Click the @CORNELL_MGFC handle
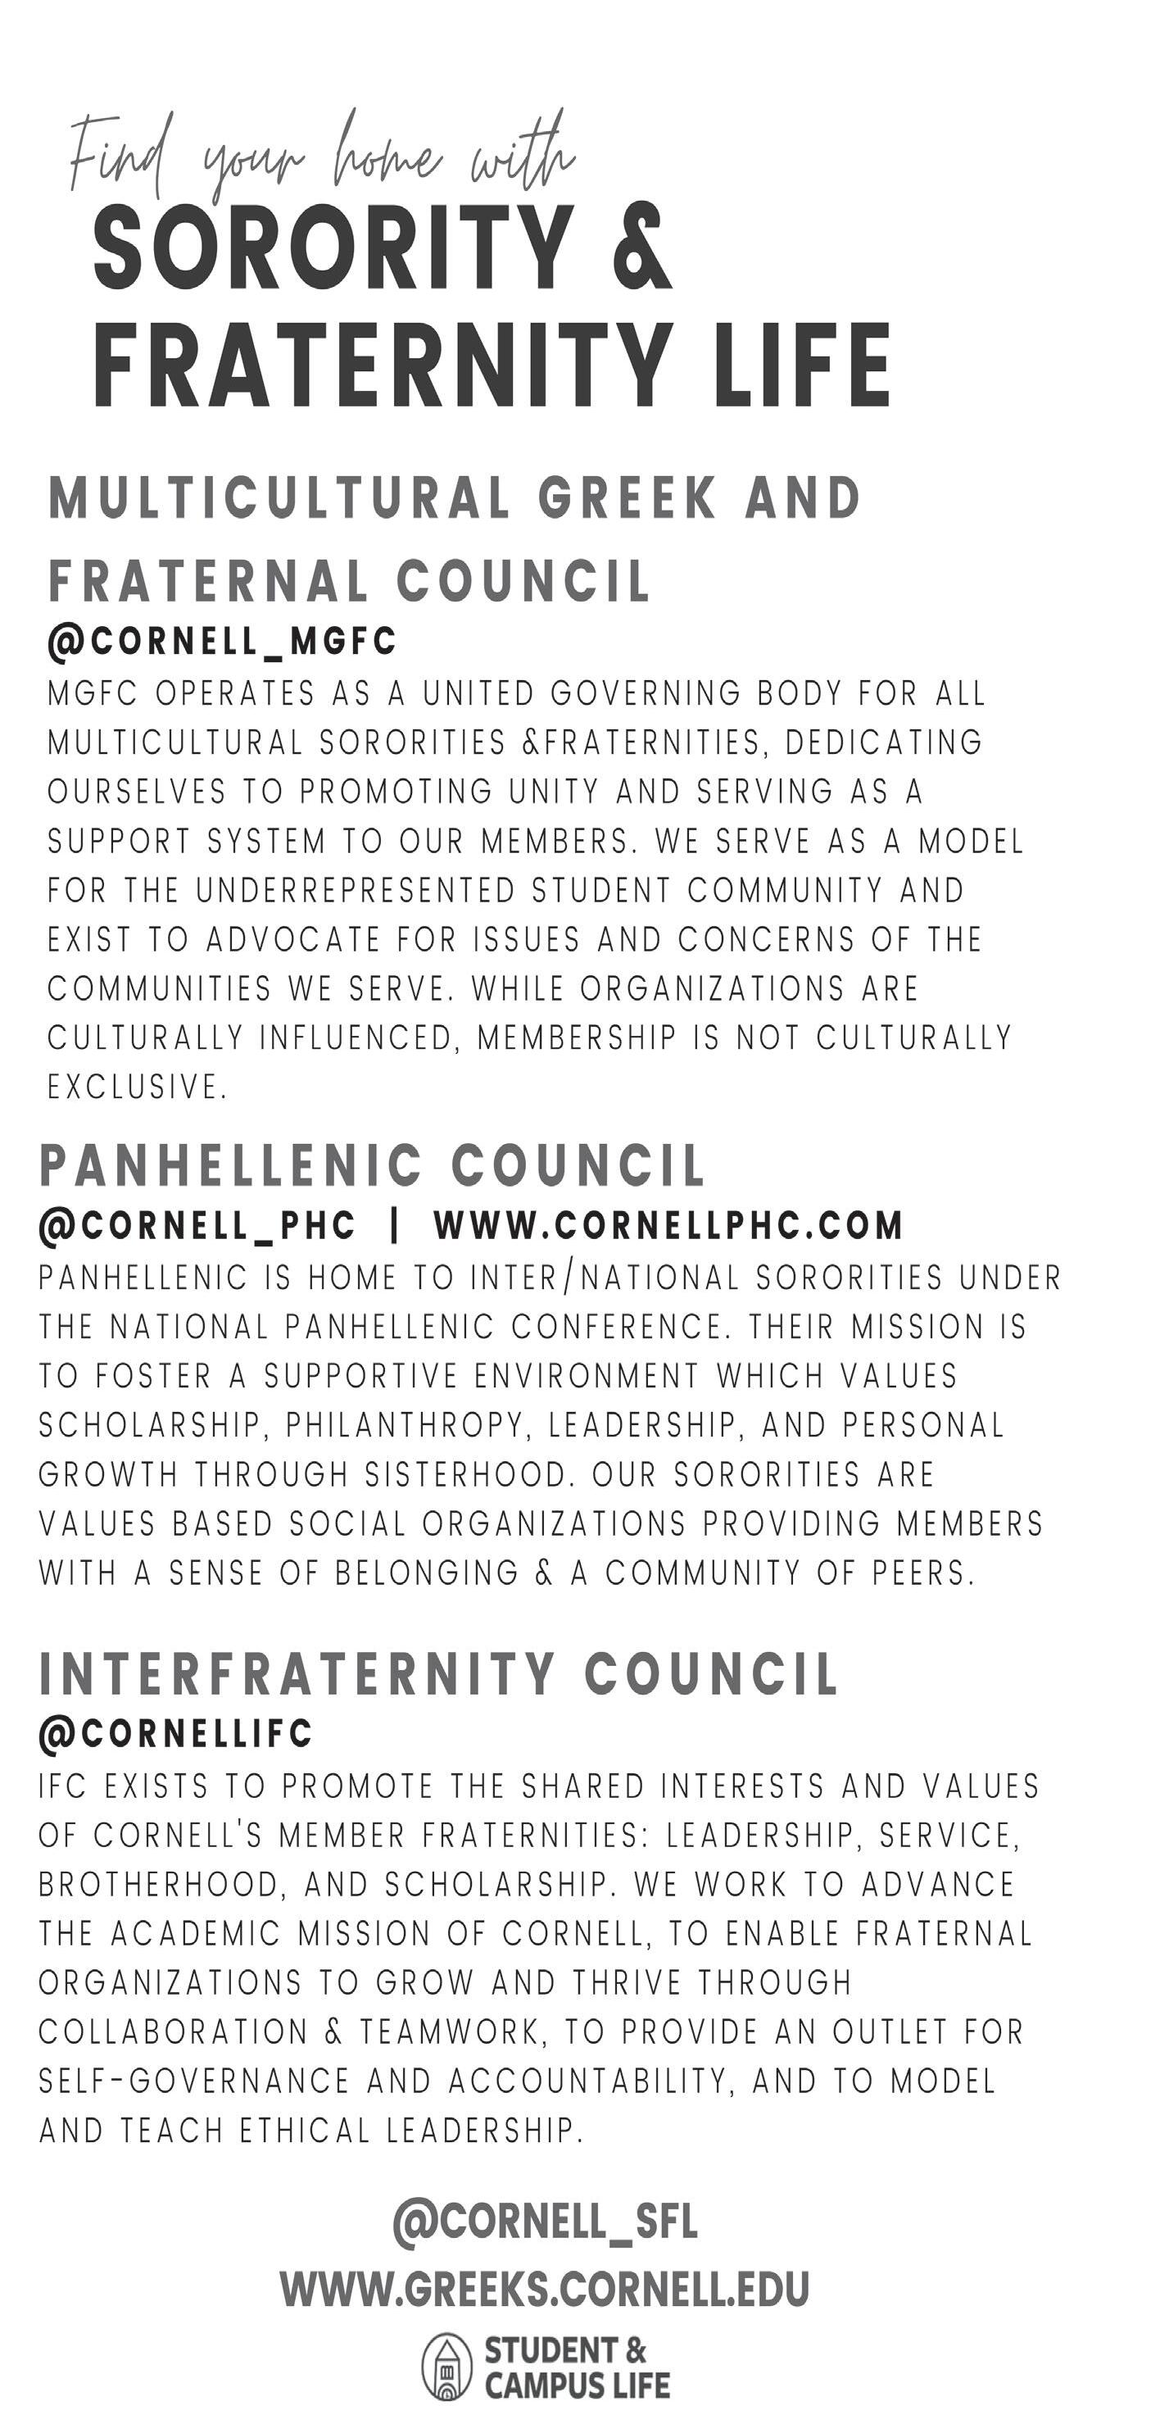point(222,642)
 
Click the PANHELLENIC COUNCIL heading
point(372,1165)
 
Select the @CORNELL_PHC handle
point(197,1226)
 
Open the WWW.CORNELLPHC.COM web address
point(668,1226)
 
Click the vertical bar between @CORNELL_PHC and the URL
point(395,1226)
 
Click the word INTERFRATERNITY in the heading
point(297,1674)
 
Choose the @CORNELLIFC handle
point(175,1733)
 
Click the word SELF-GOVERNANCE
point(193,2081)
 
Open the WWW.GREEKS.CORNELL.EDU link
point(545,2290)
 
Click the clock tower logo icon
point(446,2367)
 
